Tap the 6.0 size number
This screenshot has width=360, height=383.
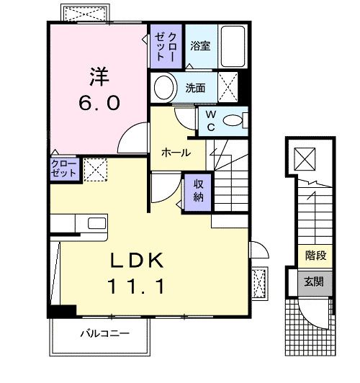pyautogui.click(x=99, y=103)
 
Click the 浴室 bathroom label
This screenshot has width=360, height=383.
pyautogui.click(x=200, y=45)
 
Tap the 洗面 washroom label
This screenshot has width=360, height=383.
pyautogui.click(x=196, y=89)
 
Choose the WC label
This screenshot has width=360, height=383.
pyautogui.click(x=211, y=120)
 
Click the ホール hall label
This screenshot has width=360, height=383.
pyautogui.click(x=176, y=153)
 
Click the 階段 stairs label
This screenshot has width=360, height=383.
pyautogui.click(x=314, y=254)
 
